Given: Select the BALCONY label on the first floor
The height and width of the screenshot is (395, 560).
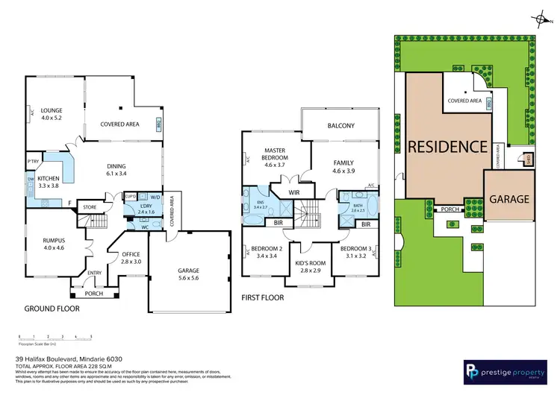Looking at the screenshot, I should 340,126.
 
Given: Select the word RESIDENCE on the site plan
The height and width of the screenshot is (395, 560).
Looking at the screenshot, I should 447,146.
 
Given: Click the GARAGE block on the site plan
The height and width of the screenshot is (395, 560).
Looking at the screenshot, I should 509,199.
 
